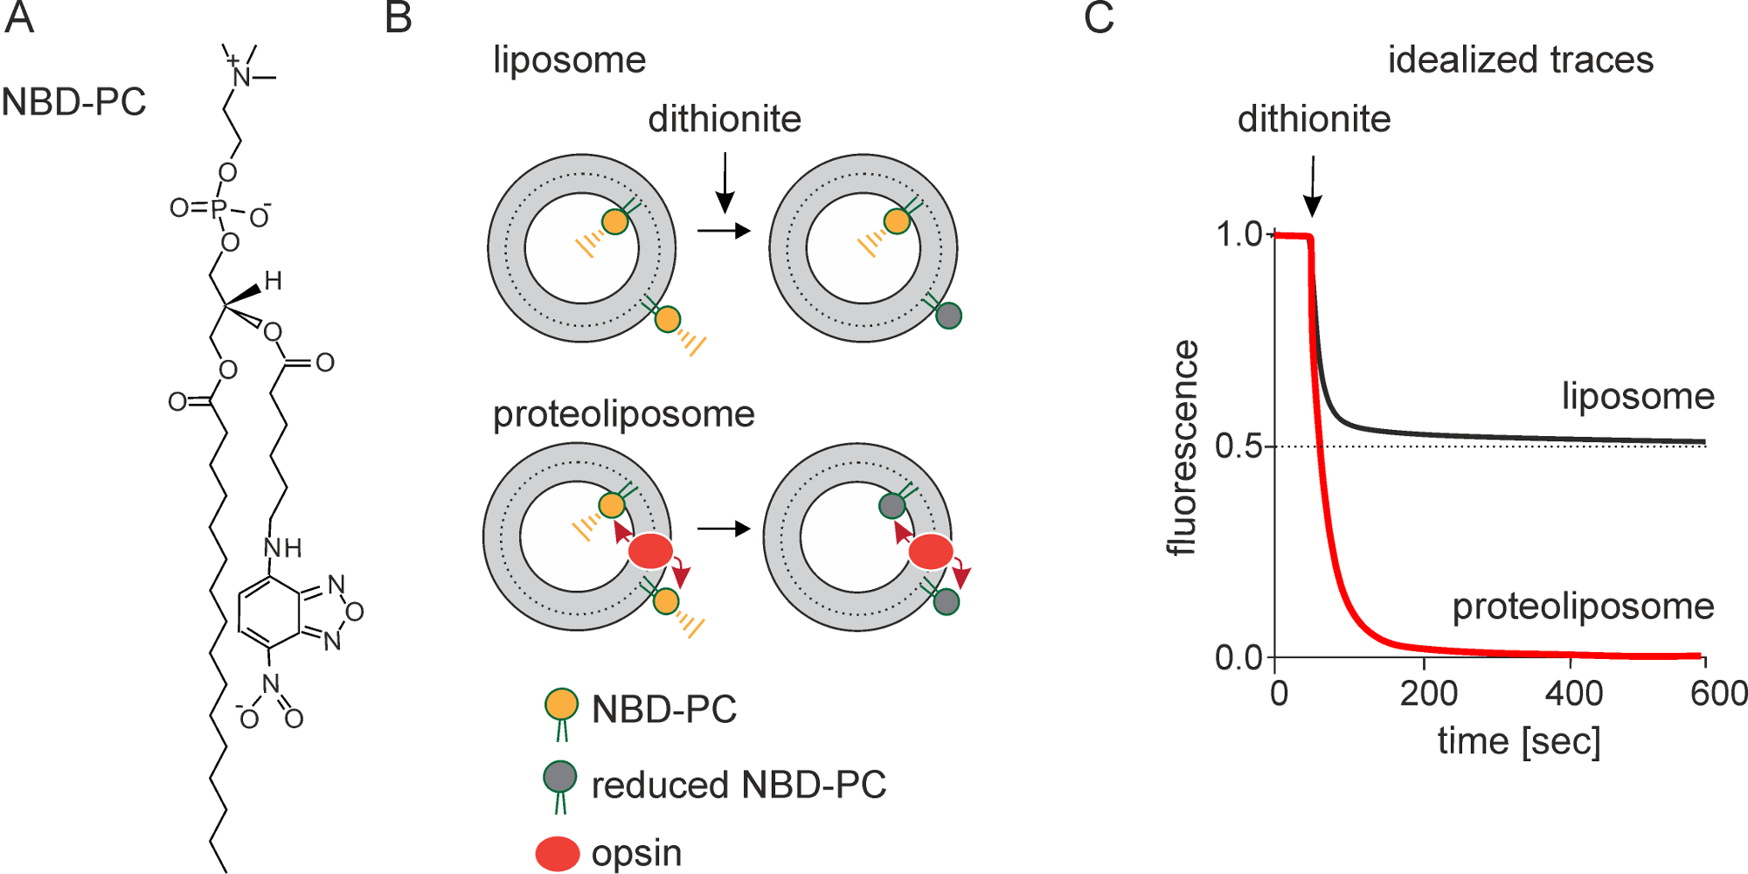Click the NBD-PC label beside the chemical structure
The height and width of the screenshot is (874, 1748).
(x=73, y=102)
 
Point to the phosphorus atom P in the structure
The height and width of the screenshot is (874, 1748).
(x=218, y=209)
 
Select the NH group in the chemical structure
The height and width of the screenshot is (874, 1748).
(x=282, y=548)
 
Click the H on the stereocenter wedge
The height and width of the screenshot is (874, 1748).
(x=273, y=281)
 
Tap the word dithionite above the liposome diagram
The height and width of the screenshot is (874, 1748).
(x=725, y=119)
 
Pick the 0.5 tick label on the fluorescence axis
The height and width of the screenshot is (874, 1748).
(x=1238, y=447)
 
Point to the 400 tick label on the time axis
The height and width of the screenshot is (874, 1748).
(x=1573, y=694)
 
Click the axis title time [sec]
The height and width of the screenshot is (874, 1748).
(x=1519, y=741)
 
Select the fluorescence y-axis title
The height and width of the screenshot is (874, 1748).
(x=1183, y=447)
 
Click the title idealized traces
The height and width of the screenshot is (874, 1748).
(x=1520, y=60)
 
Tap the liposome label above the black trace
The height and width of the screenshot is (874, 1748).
(x=1638, y=396)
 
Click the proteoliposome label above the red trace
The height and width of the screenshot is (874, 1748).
(x=1583, y=607)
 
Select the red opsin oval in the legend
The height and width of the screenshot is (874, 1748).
(x=558, y=854)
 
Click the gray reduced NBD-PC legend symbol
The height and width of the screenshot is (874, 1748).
(x=559, y=777)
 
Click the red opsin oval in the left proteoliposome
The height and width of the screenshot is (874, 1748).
(x=650, y=551)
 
